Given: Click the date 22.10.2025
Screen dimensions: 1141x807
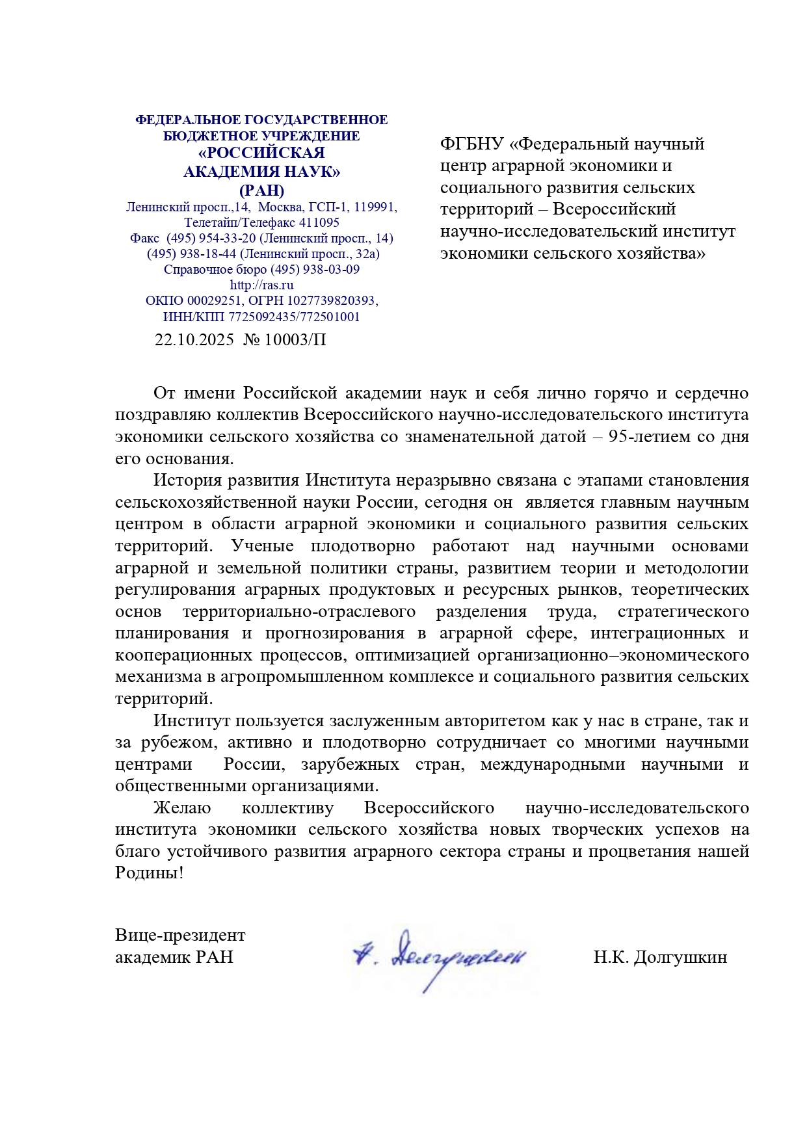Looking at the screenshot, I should (194, 340).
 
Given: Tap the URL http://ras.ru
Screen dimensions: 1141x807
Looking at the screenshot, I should (261, 285).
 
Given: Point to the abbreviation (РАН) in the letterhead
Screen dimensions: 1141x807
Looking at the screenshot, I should (261, 190).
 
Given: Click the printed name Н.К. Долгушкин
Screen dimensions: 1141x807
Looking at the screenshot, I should (660, 957).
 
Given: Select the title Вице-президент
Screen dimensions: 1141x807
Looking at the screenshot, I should (180, 935).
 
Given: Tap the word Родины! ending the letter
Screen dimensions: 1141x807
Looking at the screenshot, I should (150, 873).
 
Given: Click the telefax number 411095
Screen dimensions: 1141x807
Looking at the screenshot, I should (319, 222).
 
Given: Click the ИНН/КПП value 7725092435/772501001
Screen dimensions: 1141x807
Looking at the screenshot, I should (294, 317).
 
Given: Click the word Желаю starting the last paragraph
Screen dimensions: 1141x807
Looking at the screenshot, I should (182, 808).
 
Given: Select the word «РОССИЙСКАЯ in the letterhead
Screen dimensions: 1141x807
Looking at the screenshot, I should (261, 153).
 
